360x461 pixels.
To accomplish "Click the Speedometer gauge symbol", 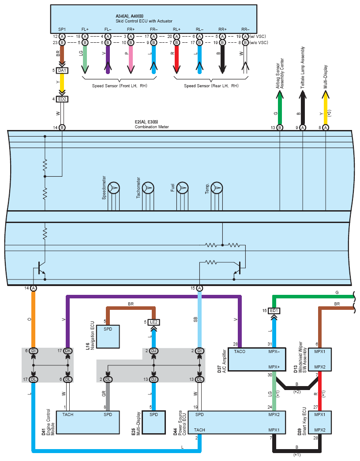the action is click(114, 188).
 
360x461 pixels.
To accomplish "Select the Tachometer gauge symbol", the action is click(148, 188).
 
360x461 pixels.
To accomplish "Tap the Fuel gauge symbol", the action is click(183, 188).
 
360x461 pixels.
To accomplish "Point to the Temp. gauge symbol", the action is click(217, 188).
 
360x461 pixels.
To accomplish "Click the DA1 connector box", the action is click(62, 71).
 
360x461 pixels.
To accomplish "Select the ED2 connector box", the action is click(62, 99).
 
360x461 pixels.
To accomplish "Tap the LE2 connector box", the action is click(154, 322).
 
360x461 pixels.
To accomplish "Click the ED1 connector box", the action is click(274, 310).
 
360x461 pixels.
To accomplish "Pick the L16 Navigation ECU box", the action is click(108, 337).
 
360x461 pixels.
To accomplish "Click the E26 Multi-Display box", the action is click(154, 422).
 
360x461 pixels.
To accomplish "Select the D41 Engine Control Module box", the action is click(88, 422).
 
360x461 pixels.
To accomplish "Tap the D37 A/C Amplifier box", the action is click(257, 360).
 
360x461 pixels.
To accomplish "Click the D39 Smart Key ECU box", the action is click(320, 422).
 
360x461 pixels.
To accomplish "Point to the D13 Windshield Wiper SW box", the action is click(320, 360).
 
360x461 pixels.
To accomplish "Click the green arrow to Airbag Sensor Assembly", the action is click(280, 107).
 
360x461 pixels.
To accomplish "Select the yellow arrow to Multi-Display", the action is click(325, 107).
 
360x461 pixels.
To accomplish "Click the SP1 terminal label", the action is click(62, 30).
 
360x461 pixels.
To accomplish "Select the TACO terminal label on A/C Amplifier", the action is click(240, 352).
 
